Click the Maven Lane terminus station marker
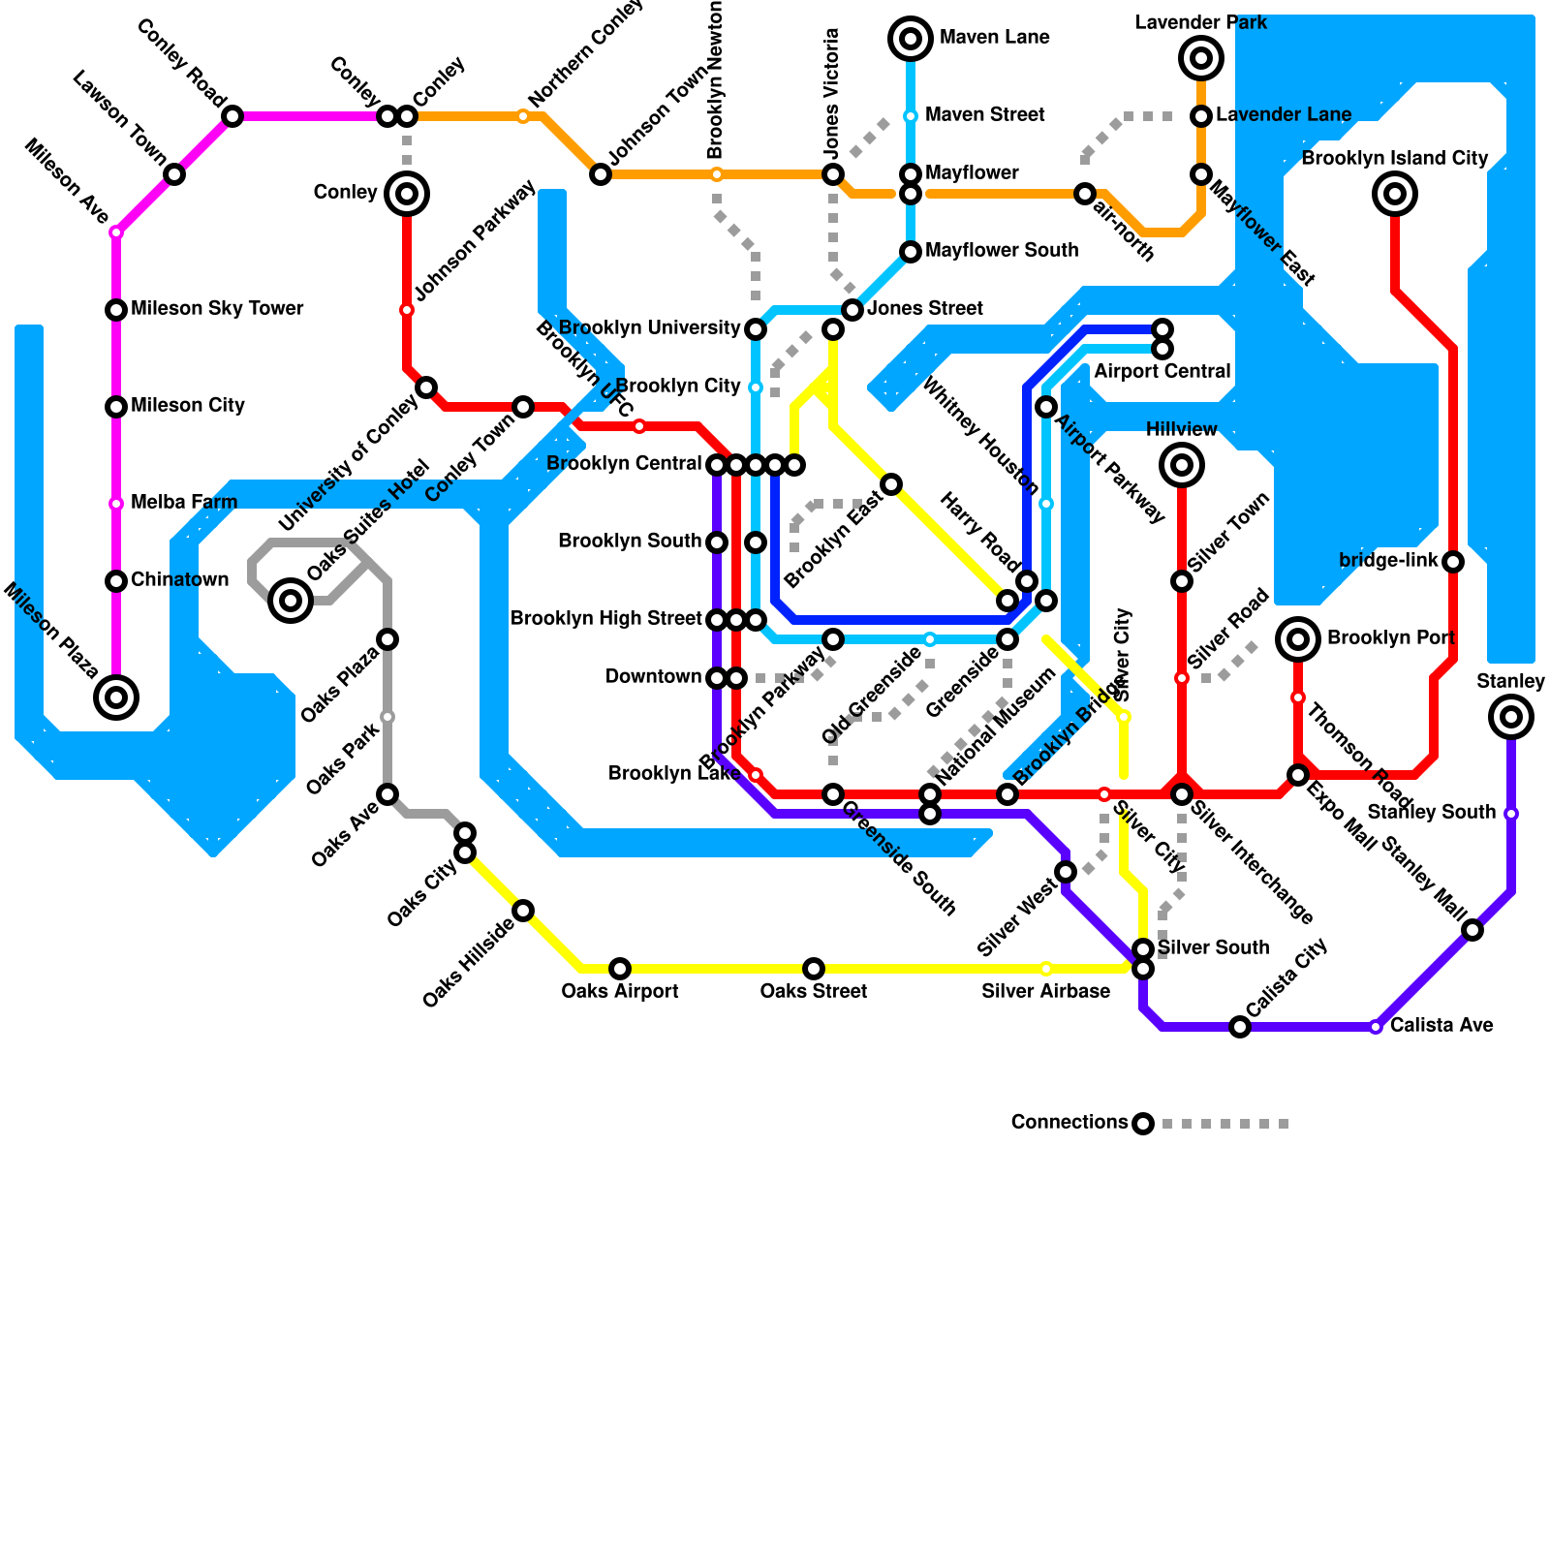[x=911, y=39]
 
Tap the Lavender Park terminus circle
[x=1201, y=58]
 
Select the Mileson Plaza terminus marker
[x=116, y=697]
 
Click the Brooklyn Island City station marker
[x=1395, y=194]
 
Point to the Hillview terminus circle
[x=1182, y=465]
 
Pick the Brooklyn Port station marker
[x=1298, y=639]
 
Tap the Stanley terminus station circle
[x=1511, y=717]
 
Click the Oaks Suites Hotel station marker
[x=291, y=601]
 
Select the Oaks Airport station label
[x=620, y=991]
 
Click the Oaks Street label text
[x=814, y=991]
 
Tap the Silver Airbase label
[x=1045, y=991]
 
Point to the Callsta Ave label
[x=1441, y=1025]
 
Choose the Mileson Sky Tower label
[x=217, y=308]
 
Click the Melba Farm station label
[x=184, y=502]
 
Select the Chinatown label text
[x=180, y=579]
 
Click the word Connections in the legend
[x=1069, y=1122]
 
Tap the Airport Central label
[x=1162, y=372]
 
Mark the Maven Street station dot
[x=911, y=116]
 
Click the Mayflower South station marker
[x=911, y=252]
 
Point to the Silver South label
[x=1213, y=947]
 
